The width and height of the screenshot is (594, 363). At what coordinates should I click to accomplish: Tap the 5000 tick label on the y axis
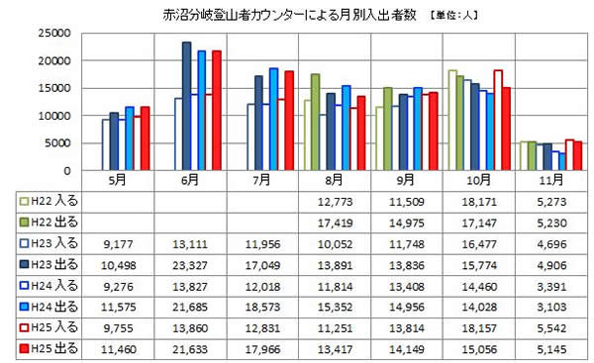(53, 143)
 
